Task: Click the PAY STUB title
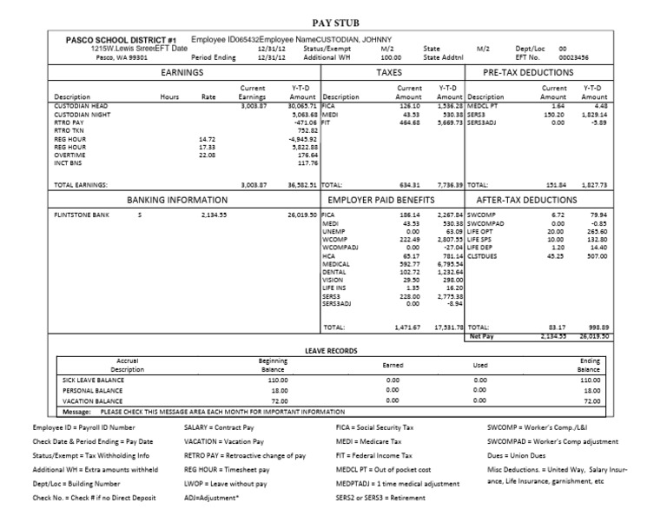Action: (333, 23)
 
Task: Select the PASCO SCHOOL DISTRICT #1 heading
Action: (122, 40)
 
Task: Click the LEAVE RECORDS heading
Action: (333, 350)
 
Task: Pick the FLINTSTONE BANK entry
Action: (82, 213)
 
